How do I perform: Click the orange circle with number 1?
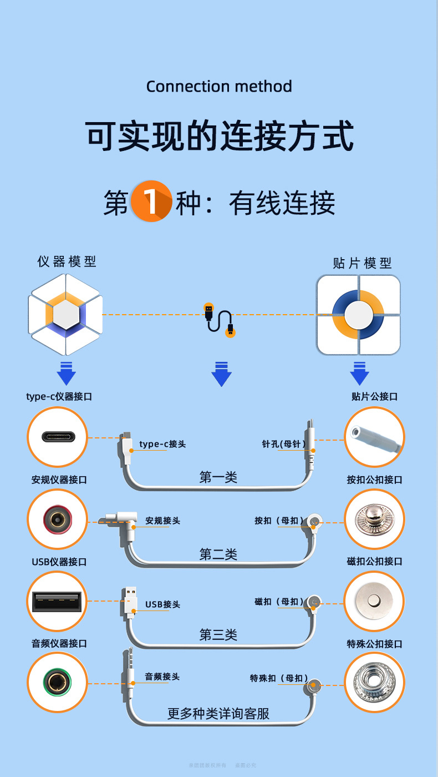151,201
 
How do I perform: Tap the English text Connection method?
219,87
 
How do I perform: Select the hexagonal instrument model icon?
65,314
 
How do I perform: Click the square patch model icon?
358,315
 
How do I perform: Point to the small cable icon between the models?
219,320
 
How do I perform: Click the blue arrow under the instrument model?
66,373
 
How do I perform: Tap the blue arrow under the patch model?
359,373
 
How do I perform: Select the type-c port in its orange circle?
58,437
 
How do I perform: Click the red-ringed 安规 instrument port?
57,519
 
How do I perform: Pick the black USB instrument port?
57,602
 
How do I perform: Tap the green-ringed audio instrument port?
57,683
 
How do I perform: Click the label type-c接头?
162,444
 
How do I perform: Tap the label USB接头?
162,604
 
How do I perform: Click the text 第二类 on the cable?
218,554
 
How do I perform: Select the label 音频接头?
162,677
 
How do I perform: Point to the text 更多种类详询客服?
218,713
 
